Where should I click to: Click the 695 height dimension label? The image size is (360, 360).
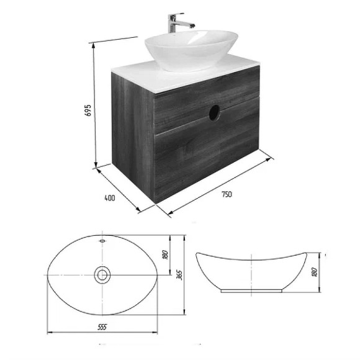click(x=88, y=110)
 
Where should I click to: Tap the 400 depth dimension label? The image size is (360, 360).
click(x=110, y=198)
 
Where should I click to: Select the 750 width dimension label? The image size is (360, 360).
click(x=227, y=194)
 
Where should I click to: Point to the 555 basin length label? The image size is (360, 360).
click(x=102, y=327)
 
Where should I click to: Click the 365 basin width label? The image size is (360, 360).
click(x=179, y=275)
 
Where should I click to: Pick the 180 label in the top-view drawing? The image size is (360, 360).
click(x=166, y=254)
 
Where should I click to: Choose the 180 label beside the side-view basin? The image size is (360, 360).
click(x=315, y=272)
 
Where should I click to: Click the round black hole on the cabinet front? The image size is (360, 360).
click(x=214, y=112)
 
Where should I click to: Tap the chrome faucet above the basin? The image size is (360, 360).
click(x=179, y=22)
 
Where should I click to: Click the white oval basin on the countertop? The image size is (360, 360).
click(x=191, y=50)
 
